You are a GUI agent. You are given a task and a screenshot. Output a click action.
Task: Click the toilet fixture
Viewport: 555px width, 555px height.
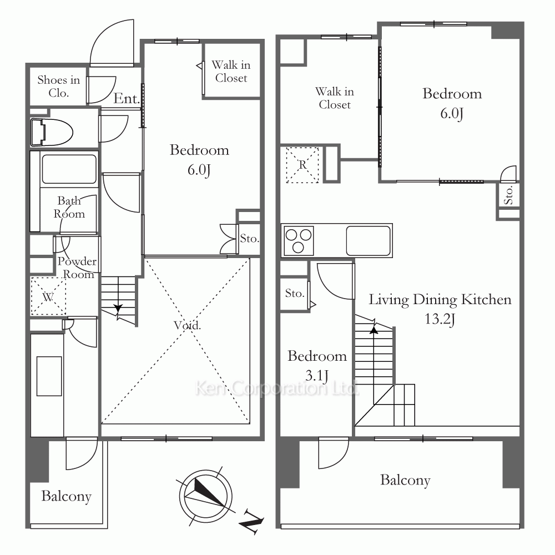(52, 133)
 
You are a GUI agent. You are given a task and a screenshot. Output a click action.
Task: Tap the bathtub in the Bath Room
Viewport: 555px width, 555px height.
(69, 169)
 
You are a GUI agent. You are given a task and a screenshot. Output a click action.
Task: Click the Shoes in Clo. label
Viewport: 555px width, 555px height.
(59, 87)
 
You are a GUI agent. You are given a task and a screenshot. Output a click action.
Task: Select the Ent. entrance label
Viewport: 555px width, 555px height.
(127, 98)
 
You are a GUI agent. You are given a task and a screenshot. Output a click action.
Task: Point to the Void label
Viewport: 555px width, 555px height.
(187, 325)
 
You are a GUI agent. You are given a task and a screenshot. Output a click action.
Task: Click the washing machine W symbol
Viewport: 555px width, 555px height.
(48, 296)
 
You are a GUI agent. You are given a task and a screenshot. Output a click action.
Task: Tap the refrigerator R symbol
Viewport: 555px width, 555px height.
(302, 165)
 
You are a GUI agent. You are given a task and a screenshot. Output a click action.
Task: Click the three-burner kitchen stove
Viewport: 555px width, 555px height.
(299, 241)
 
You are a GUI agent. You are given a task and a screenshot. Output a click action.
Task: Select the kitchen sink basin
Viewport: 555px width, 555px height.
(368, 241)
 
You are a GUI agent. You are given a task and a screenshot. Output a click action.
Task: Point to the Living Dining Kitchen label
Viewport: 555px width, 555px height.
(440, 300)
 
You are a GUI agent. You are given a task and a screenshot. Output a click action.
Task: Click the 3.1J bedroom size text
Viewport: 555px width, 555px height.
(317, 376)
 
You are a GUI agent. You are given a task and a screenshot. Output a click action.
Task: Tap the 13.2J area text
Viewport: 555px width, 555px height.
(440, 319)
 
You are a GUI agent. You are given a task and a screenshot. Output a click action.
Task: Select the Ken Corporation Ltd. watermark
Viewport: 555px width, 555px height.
(277, 388)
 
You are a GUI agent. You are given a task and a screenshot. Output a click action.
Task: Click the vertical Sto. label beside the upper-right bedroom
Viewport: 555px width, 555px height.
(508, 195)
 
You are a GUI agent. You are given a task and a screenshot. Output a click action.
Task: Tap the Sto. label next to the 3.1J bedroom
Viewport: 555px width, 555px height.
(295, 293)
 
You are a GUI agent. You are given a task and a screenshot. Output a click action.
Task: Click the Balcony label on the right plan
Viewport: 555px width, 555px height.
(405, 480)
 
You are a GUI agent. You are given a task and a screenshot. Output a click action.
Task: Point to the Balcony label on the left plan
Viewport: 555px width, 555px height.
(66, 496)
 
